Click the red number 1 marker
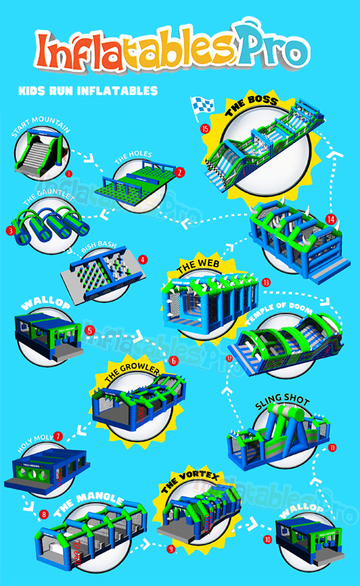(x=68, y=172)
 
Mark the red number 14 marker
(x=332, y=220)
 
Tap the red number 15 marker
(x=205, y=128)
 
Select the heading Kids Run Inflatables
(x=87, y=91)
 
